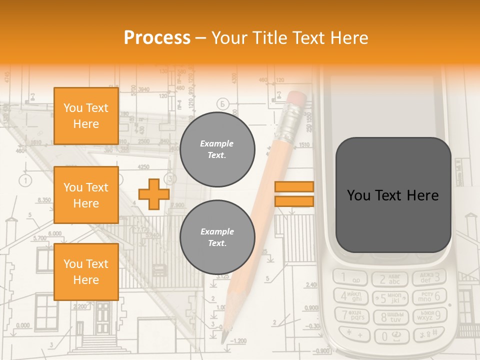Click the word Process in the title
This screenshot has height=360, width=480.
click(x=157, y=38)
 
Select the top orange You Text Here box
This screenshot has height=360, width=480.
click(x=86, y=116)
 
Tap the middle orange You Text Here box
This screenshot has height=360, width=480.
click(x=86, y=195)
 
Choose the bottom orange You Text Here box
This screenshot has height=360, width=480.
click(x=86, y=272)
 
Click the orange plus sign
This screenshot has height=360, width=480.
click(x=153, y=194)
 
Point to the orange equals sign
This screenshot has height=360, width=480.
click(x=294, y=194)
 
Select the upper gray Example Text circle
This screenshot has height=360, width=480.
click(x=217, y=149)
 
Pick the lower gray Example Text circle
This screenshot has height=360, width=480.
click(x=217, y=237)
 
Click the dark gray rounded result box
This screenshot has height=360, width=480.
click(x=393, y=195)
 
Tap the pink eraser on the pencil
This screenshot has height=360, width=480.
click(x=296, y=99)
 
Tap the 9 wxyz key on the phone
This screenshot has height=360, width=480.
click(x=429, y=315)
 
